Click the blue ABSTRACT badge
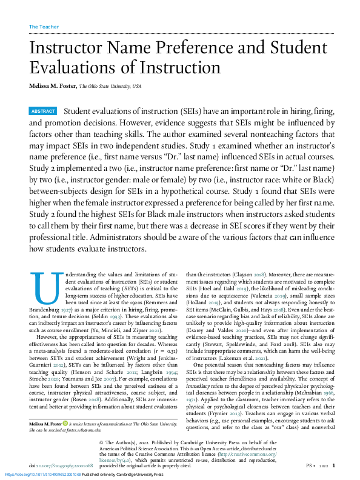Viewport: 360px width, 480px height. [43, 112]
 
